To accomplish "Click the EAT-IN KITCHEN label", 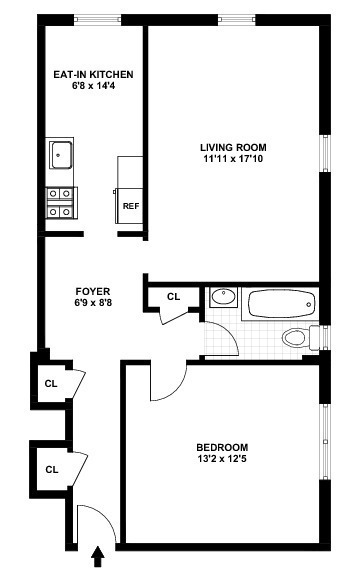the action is pos(93,74).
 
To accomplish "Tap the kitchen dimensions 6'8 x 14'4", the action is pos(94,86).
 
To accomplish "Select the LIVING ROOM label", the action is pos(233,147).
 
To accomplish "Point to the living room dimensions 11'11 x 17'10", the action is pos(233,159).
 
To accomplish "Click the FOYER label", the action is pos(93,291).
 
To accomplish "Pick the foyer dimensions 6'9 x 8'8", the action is pos(93,303).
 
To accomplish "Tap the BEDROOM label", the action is pos(222,447).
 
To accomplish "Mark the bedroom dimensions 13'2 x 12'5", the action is pos(222,459).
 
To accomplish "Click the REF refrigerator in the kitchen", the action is pos(129,206).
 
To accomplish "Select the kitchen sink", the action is pos(61,155).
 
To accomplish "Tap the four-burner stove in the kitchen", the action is pos(61,203).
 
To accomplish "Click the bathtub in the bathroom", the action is pos(281,304).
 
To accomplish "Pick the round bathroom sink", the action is pos(224,297).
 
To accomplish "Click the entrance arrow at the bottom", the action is pos(97,557).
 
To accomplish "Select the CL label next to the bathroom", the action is pos(173,296).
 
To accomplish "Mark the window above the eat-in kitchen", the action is pos(97,19).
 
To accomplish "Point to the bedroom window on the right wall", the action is pos(325,442).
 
